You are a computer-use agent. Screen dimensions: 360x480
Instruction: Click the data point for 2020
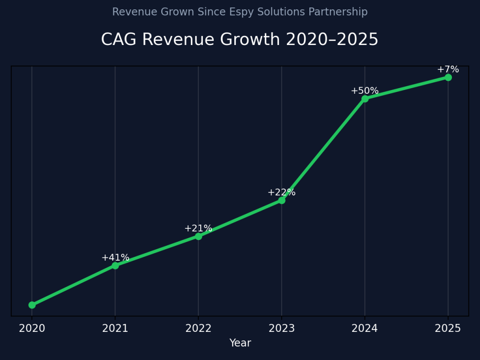32,305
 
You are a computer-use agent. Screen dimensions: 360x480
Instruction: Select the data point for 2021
115,265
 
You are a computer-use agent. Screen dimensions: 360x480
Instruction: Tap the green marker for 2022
198,236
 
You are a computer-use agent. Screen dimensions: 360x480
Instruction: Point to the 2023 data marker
282,200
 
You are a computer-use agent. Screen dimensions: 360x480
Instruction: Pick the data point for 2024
365,99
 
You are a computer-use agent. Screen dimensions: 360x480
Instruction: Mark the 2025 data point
448,77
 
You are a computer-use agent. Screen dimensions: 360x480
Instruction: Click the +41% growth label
115,258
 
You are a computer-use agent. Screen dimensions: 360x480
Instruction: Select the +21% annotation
198,229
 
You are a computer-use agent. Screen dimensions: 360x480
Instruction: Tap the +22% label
282,193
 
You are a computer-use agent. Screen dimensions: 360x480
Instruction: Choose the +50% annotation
365,91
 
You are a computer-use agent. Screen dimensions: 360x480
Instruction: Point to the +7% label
448,70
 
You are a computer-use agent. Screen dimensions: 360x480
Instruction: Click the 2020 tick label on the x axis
32,329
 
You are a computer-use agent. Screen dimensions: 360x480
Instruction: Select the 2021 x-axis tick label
115,329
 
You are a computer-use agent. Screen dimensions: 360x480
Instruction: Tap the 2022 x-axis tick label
198,329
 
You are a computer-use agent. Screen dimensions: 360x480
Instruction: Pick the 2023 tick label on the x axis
282,329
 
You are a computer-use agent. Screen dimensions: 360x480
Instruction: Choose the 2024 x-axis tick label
365,329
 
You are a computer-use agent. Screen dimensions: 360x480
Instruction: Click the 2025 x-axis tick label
448,329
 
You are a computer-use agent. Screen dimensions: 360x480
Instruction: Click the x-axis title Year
240,343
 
